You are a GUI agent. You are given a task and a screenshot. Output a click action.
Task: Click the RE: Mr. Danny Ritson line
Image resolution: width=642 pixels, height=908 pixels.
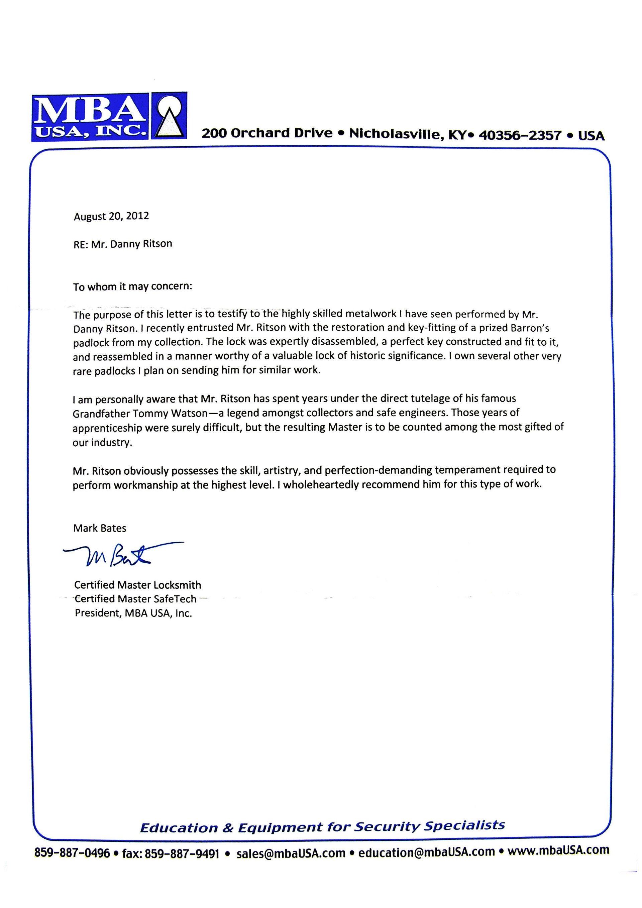tap(123, 244)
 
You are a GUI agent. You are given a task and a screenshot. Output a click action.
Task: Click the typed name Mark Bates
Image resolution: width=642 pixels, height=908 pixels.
tap(100, 528)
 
